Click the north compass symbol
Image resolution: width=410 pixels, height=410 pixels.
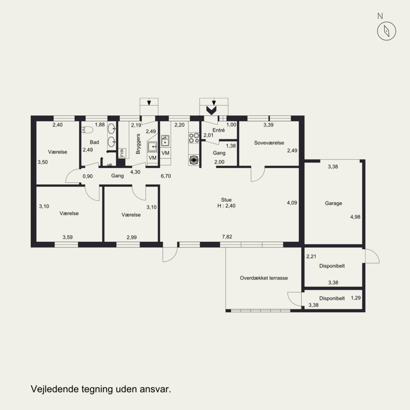tap(386, 31)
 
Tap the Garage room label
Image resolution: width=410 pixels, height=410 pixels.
tap(334, 203)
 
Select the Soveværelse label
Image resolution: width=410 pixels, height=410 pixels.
tap(269, 143)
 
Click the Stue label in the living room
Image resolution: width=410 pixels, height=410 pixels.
tap(226, 200)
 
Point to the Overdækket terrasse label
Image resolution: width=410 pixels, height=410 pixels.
tap(264, 278)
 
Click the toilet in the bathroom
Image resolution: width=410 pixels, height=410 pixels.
tap(87, 130)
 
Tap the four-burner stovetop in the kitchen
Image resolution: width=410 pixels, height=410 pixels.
tap(194, 138)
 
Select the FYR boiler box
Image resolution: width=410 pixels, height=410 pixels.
tap(122, 153)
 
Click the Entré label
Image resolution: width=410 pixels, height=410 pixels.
tap(219, 130)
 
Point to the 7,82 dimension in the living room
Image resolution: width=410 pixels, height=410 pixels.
tap(227, 237)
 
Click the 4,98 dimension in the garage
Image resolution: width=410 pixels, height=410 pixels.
tap(355, 217)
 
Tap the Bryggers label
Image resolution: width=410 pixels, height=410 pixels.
tap(138, 144)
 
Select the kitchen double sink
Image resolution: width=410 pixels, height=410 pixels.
tap(165, 140)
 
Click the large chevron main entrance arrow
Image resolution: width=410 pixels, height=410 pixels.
tap(211, 110)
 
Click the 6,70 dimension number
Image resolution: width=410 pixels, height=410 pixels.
tap(166, 176)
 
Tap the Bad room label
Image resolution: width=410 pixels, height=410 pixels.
tap(94, 142)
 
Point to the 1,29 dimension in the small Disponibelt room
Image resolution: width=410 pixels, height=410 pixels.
tap(356, 298)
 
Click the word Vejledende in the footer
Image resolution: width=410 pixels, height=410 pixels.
tap(55, 389)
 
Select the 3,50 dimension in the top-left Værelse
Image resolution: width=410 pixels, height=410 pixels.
tap(43, 162)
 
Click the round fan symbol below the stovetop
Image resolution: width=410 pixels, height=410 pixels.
tap(194, 160)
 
